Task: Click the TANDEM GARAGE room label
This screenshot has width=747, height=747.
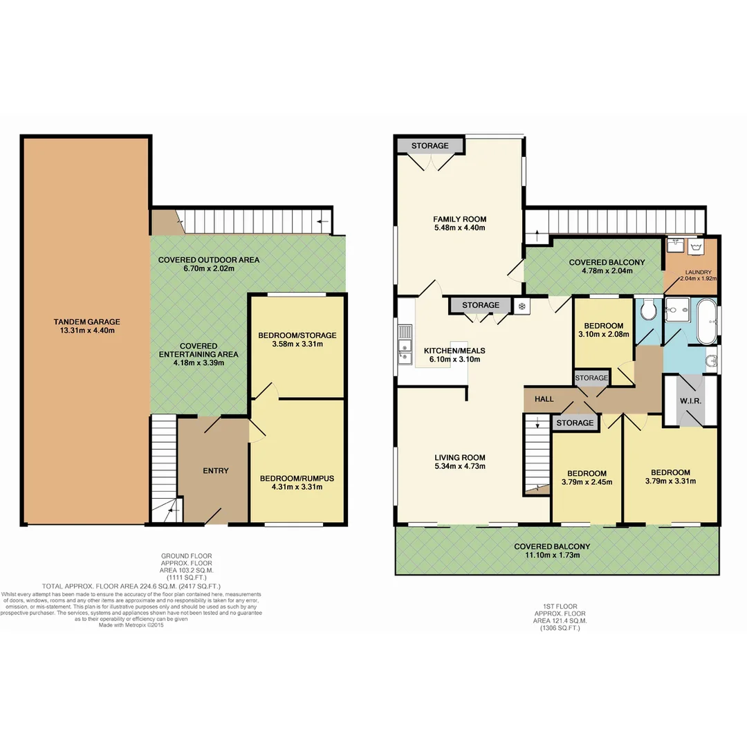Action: coord(87,322)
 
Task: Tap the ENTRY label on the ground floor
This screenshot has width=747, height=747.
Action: coord(215,471)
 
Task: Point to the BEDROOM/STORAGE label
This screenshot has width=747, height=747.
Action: coord(297,335)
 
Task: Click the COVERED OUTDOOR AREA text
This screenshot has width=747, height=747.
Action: coord(208,260)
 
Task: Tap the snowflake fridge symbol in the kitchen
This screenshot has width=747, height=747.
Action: coord(522,305)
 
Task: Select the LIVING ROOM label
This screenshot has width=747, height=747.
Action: coord(459,457)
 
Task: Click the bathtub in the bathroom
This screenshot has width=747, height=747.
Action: coord(706,322)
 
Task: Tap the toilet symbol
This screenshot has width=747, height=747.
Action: coord(648,311)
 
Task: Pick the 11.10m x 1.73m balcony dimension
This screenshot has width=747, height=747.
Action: coord(552,555)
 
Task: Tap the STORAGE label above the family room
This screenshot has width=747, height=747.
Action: coord(430,146)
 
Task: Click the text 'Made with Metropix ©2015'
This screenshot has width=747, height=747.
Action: coord(131,625)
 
